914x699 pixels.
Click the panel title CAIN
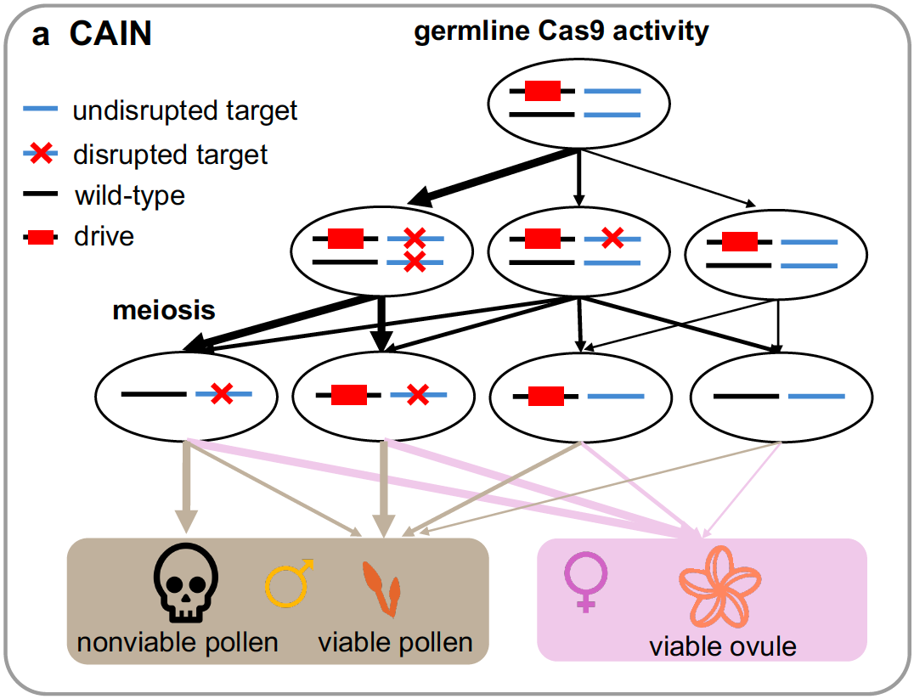click(110, 35)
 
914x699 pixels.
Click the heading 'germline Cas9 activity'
click(561, 32)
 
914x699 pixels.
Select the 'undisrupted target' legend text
click(185, 110)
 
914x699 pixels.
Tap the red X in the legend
click(42, 154)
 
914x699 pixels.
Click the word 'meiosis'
click(164, 310)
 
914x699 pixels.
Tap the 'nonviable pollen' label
click(178, 641)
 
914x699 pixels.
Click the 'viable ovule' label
click(723, 646)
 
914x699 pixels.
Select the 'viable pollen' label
click(395, 641)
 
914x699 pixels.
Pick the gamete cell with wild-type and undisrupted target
click(780, 396)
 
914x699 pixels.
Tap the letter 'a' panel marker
click(41, 35)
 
